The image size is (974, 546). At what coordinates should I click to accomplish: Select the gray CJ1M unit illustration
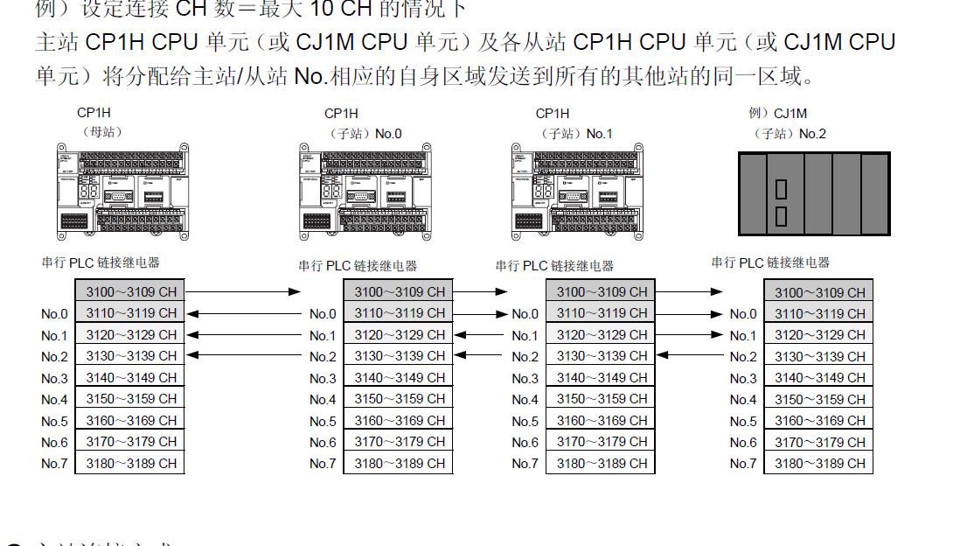tap(814, 193)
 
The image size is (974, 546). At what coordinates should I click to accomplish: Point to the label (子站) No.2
tap(789, 134)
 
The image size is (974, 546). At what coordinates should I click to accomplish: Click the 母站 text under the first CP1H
tap(102, 132)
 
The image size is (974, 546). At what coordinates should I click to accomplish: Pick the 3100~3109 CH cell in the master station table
tap(131, 291)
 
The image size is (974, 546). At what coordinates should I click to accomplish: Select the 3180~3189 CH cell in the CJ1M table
tap(819, 464)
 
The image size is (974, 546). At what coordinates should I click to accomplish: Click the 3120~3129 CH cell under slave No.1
tap(602, 335)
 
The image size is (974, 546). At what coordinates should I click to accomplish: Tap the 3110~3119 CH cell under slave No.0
tap(400, 313)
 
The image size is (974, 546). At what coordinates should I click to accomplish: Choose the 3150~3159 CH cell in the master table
tap(131, 399)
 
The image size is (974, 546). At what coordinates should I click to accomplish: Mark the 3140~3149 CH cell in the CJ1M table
tap(819, 378)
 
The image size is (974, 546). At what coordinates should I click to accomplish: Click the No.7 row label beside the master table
tap(54, 464)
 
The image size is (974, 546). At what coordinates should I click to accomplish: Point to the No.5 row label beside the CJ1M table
tap(743, 421)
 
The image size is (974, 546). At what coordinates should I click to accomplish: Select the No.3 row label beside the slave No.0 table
tap(323, 378)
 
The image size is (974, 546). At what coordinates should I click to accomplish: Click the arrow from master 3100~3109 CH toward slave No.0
tap(243, 291)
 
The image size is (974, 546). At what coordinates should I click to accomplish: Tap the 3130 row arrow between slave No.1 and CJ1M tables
tap(691, 356)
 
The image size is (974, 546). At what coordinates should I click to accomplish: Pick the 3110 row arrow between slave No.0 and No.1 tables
tap(481, 313)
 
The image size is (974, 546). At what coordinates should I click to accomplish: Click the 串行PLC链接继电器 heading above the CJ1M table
tap(770, 262)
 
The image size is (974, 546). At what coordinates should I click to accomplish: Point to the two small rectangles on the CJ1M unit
tap(781, 202)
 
